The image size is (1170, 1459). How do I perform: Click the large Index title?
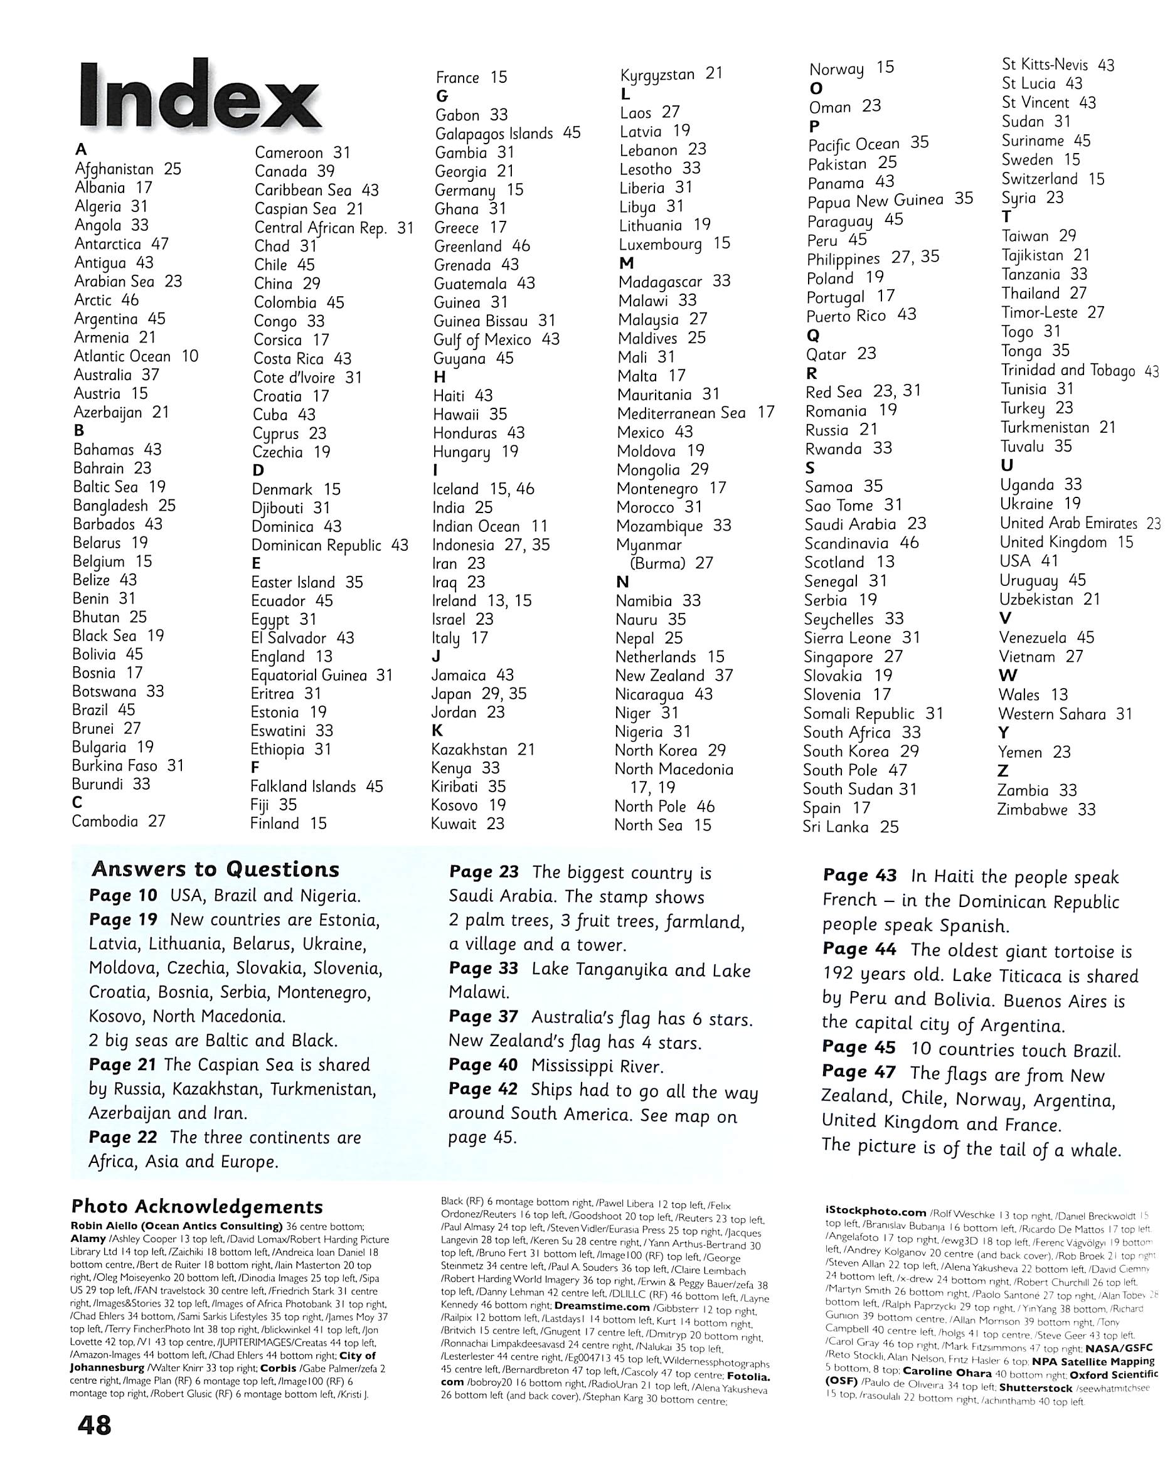click(x=199, y=96)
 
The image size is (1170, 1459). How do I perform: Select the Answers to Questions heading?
click(x=216, y=869)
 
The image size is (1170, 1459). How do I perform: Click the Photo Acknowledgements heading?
click(x=197, y=1207)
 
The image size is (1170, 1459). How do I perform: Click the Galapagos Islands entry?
click(x=508, y=134)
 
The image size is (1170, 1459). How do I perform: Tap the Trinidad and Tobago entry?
click(x=1079, y=371)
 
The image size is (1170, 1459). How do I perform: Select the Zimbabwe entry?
click(x=1046, y=809)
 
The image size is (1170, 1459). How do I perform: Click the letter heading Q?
click(x=812, y=336)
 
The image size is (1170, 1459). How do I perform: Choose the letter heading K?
click(x=437, y=731)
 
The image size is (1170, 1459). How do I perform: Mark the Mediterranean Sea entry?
click(x=695, y=413)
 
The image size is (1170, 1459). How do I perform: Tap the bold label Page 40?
click(x=482, y=1065)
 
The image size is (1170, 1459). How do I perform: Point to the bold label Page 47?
click(x=859, y=1072)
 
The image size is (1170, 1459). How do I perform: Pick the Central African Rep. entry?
click(x=334, y=228)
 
